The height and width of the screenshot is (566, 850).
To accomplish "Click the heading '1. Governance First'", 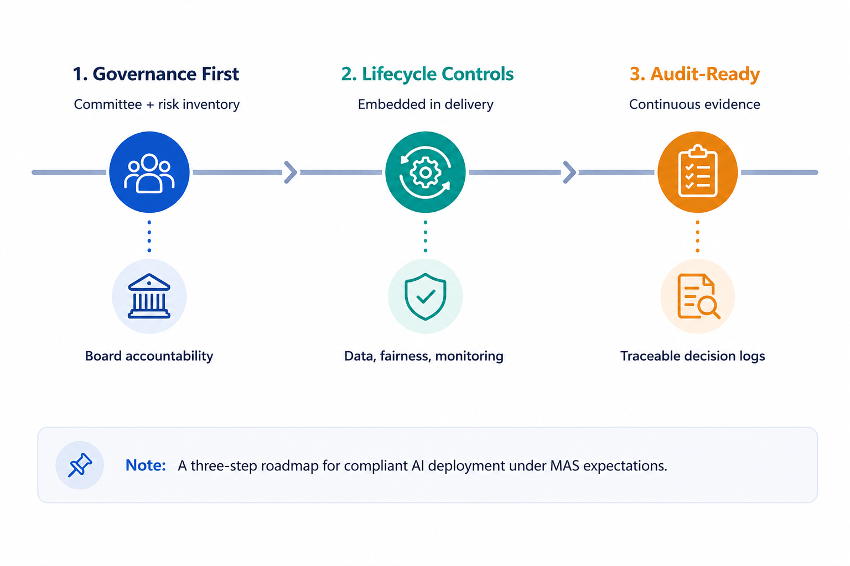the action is click(156, 74).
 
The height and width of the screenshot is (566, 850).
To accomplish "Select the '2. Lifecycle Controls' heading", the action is click(427, 74).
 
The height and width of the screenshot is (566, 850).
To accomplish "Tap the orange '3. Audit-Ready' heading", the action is click(695, 74).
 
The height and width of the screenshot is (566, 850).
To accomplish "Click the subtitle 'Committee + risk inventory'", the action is click(157, 104).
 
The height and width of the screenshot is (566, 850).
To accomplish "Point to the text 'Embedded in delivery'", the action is click(426, 104).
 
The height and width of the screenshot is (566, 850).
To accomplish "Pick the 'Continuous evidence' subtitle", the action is click(694, 104).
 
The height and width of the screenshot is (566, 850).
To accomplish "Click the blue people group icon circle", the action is click(149, 172).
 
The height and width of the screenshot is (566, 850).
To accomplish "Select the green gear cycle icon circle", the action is click(426, 172).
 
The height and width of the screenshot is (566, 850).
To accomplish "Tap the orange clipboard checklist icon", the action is click(697, 172).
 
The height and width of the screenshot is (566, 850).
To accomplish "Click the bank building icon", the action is click(149, 296).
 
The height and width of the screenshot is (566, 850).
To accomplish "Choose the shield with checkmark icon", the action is click(426, 296).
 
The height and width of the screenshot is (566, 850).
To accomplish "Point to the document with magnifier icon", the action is click(698, 296).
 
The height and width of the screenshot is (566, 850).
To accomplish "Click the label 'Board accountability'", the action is click(149, 356).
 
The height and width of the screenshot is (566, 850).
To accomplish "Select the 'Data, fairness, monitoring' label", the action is click(424, 356).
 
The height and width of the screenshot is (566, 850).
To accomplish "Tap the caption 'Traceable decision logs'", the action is click(692, 356).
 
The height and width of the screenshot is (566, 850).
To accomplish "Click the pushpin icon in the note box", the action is click(80, 465).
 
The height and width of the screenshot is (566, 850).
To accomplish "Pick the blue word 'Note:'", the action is click(146, 465).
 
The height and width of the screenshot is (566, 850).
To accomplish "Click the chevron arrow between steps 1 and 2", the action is click(291, 172).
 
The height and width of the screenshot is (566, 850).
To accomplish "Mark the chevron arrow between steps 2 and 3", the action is click(569, 172).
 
